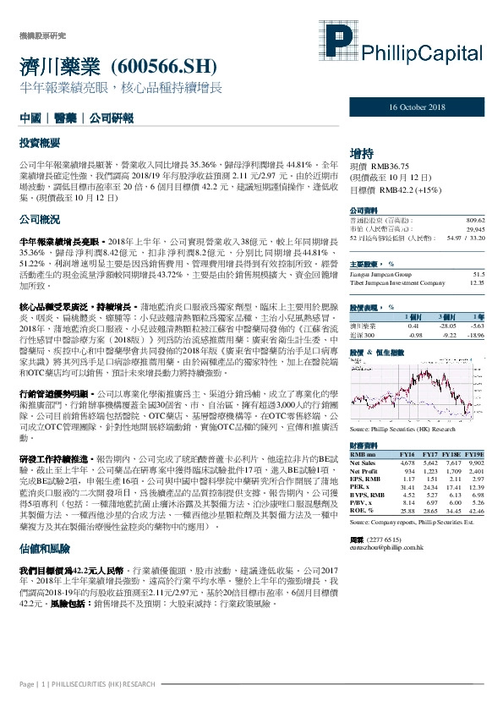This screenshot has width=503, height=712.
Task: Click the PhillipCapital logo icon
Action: pyautogui.click(x=342, y=45)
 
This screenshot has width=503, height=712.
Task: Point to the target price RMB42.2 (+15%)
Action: pyautogui.click(x=385, y=190)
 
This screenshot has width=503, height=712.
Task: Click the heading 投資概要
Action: pyautogui.click(x=41, y=145)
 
